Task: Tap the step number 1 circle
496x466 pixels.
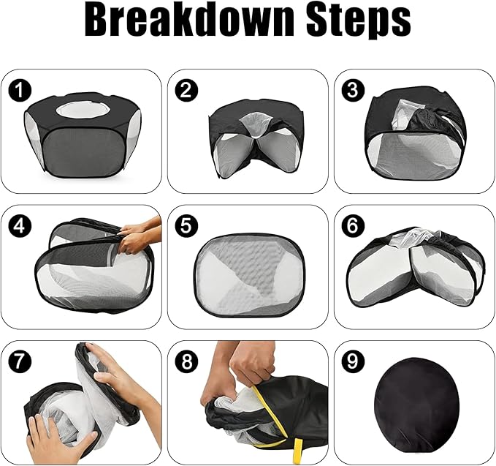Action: (x=20, y=91)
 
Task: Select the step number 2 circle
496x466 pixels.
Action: (x=187, y=91)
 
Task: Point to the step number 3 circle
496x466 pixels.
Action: (x=354, y=91)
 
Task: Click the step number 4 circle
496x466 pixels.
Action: (x=20, y=225)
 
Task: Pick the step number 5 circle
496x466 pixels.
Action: (x=187, y=225)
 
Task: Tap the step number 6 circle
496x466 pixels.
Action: (x=354, y=225)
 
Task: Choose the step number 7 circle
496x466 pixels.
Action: (x=20, y=361)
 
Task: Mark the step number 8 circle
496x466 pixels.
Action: (x=187, y=361)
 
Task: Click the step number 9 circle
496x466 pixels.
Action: (x=354, y=361)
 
